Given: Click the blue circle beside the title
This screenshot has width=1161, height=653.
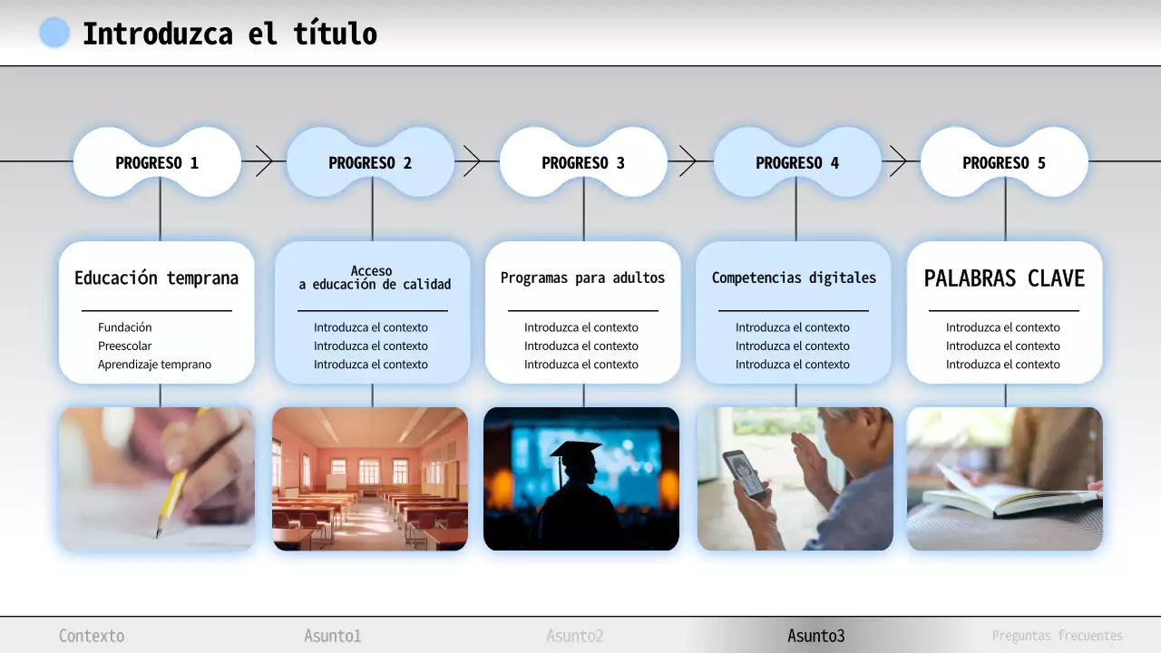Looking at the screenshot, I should pyautogui.click(x=54, y=33).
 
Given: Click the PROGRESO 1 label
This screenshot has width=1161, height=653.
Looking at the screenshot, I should pyautogui.click(x=157, y=163).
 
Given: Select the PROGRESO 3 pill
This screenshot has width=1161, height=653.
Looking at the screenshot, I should pyautogui.click(x=583, y=163).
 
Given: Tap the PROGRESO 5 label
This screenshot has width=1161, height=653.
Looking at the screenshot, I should pyautogui.click(x=1004, y=163).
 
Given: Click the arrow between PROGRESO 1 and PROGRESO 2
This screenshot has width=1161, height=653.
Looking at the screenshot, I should pyautogui.click(x=264, y=161).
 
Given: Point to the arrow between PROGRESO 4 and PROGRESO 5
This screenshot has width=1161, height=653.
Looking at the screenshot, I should pyautogui.click(x=898, y=161).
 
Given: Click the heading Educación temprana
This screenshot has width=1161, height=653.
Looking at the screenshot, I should pyautogui.click(x=156, y=278).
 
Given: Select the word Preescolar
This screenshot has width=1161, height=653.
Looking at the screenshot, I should pyautogui.click(x=125, y=346).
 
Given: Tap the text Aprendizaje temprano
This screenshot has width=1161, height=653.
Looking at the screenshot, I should pyautogui.click(x=155, y=365).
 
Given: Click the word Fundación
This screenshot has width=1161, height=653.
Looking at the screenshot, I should pyautogui.click(x=125, y=327).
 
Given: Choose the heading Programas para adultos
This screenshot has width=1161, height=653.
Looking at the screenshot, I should pyautogui.click(x=582, y=278).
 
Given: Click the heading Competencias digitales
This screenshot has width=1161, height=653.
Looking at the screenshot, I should pyautogui.click(x=794, y=278).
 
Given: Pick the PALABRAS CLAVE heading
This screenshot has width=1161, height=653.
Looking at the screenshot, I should pyautogui.click(x=1004, y=278).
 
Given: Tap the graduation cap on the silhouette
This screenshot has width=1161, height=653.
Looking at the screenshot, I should pyautogui.click(x=575, y=452).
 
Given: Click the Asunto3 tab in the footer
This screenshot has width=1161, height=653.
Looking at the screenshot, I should pyautogui.click(x=815, y=636).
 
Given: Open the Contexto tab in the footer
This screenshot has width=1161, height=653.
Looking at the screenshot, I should pyautogui.click(x=92, y=636).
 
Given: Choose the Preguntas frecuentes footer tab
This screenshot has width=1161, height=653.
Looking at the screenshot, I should pyautogui.click(x=1057, y=636).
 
